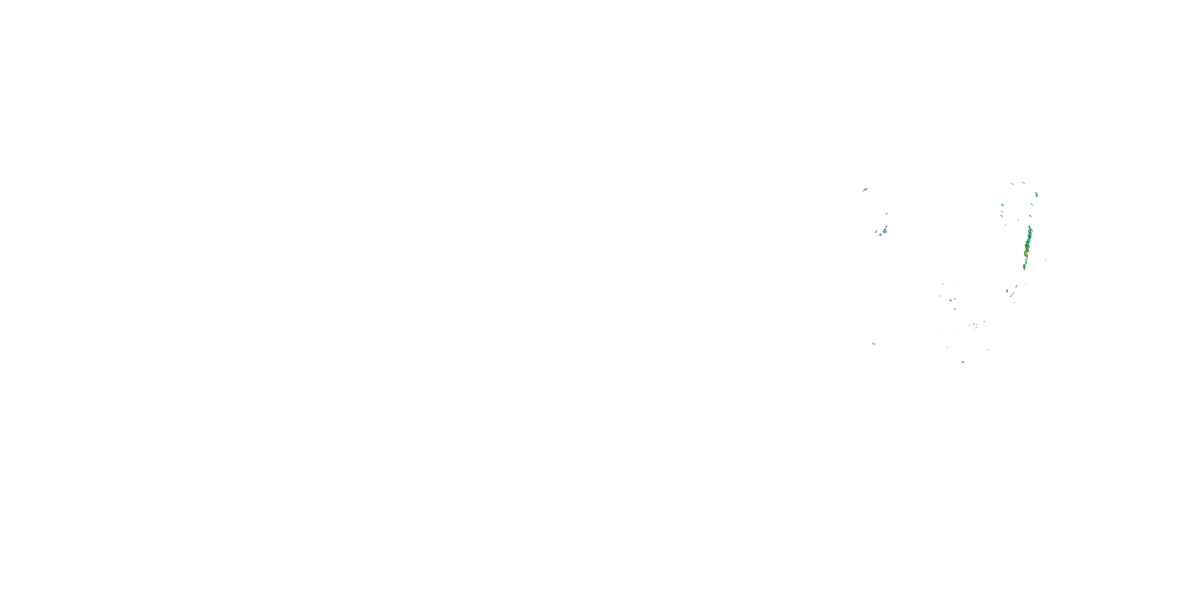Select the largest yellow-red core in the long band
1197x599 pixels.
tap(1025, 254)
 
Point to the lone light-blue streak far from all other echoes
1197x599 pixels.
tap(865, 190)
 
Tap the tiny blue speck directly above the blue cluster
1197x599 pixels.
tap(886, 214)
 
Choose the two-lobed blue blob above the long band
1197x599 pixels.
tap(1036, 194)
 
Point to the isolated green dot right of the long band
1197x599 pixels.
tap(1045, 260)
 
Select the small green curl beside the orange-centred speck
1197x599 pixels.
tap(955, 299)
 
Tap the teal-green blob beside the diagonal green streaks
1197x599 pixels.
tap(1007, 291)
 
